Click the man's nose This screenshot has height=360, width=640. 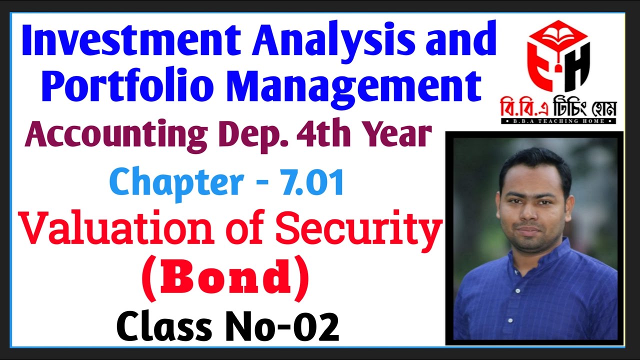tap(530, 212)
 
